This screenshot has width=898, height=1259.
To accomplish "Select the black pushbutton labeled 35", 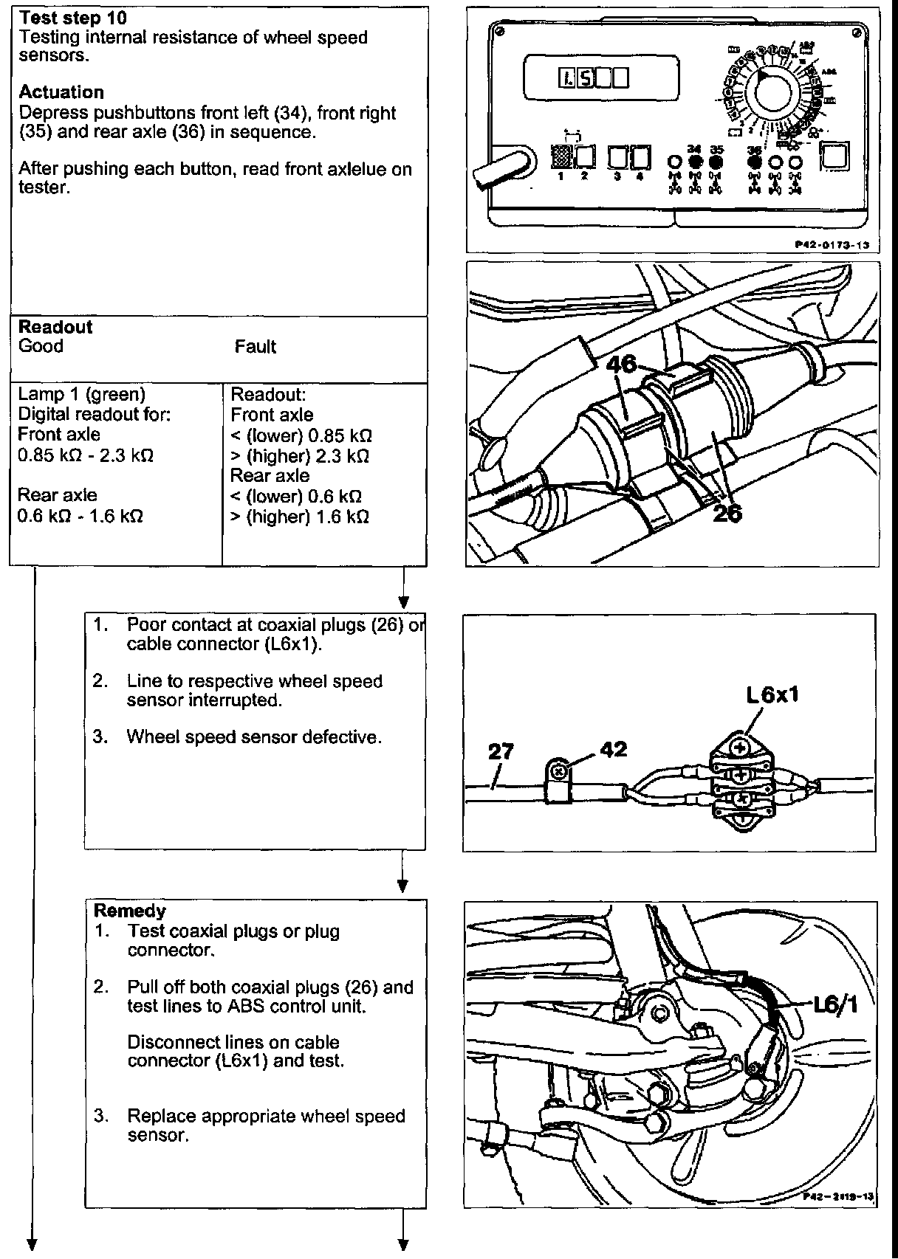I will coord(716,161).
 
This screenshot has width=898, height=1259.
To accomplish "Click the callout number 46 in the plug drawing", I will coord(622,363).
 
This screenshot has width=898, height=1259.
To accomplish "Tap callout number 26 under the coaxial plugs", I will coord(727,512).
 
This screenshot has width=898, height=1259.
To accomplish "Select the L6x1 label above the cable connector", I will coord(772,694).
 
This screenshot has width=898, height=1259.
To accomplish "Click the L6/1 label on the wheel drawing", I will coord(834,1005).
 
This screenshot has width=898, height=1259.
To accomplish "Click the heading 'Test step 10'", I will coord(72,18).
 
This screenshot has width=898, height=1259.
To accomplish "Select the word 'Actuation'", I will coord(61,92).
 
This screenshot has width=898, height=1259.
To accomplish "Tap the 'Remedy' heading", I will coord(129,911).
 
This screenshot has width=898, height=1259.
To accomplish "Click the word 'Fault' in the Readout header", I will coord(255,346).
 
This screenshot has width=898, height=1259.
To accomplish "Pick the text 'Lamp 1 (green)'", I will coord(81,394).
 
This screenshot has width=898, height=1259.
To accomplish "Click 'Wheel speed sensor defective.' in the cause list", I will coord(254,737).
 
